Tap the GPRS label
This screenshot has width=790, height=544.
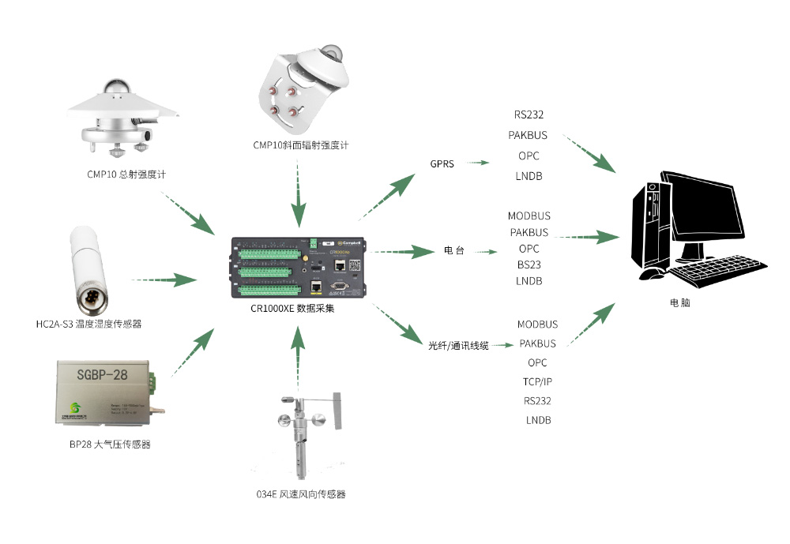pyautogui.click(x=442, y=164)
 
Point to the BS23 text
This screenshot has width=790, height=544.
pyautogui.click(x=529, y=264)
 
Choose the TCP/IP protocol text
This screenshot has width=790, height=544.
pyautogui.click(x=537, y=381)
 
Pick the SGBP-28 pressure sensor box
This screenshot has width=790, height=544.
pyautogui.click(x=107, y=390)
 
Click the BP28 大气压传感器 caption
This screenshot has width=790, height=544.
pyautogui.click(x=110, y=445)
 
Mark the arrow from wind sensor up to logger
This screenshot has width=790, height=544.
pyautogui.click(x=298, y=355)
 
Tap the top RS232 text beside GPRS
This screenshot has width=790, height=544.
pyautogui.click(x=529, y=114)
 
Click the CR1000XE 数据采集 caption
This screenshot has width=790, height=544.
pyautogui.click(x=297, y=309)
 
